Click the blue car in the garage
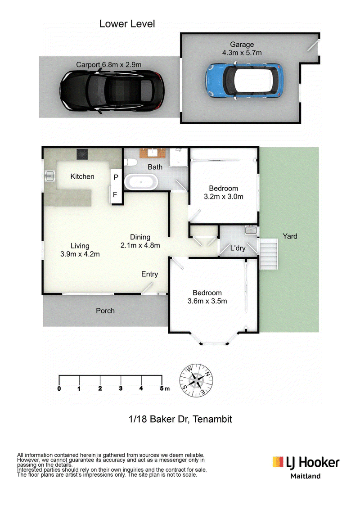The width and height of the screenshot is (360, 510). [244, 80]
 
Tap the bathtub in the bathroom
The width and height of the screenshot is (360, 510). [141, 181]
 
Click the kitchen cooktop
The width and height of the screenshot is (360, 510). [82, 154]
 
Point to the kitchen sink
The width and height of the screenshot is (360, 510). [49, 176]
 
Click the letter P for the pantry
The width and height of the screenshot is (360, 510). [116, 177]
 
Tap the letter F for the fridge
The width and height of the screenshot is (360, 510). [115, 194]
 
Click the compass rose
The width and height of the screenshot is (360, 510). [196, 380]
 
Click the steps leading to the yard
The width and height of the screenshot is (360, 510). [268, 254]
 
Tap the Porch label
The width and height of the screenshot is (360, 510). [105, 311]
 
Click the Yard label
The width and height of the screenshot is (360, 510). [290, 236]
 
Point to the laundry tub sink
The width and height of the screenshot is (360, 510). [251, 230]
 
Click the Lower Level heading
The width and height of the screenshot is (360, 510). [127, 24]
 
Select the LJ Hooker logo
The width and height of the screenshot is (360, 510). [306, 463]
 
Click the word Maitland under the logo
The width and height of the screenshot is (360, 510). [306, 476]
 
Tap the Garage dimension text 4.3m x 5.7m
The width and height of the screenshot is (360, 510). [242, 53]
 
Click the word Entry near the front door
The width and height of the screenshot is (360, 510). [149, 274]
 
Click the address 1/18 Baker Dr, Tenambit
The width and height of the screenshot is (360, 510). [180, 419]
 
